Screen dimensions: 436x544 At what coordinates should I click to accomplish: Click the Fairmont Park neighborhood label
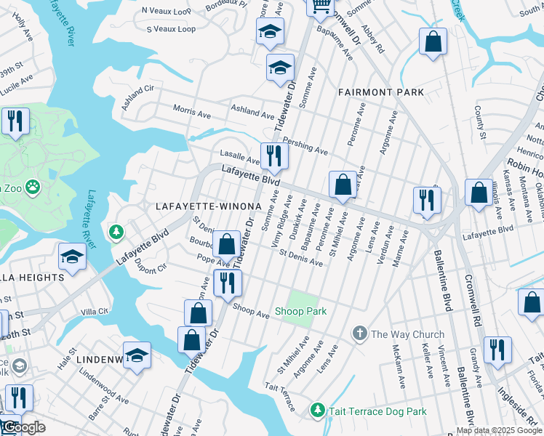[380, 92]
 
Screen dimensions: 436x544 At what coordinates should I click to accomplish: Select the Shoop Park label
[300, 311]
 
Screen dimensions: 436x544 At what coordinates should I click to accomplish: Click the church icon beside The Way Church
[359, 334]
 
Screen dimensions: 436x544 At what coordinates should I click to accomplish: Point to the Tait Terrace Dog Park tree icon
[317, 411]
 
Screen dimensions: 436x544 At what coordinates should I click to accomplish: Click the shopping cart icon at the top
[320, 6]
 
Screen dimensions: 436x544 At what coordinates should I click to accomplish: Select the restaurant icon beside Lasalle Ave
[274, 156]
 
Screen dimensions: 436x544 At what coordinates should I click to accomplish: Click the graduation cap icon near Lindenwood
[137, 355]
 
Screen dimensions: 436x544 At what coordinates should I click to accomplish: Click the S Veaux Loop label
[171, 29]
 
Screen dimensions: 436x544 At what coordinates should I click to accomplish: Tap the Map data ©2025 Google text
[499, 430]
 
